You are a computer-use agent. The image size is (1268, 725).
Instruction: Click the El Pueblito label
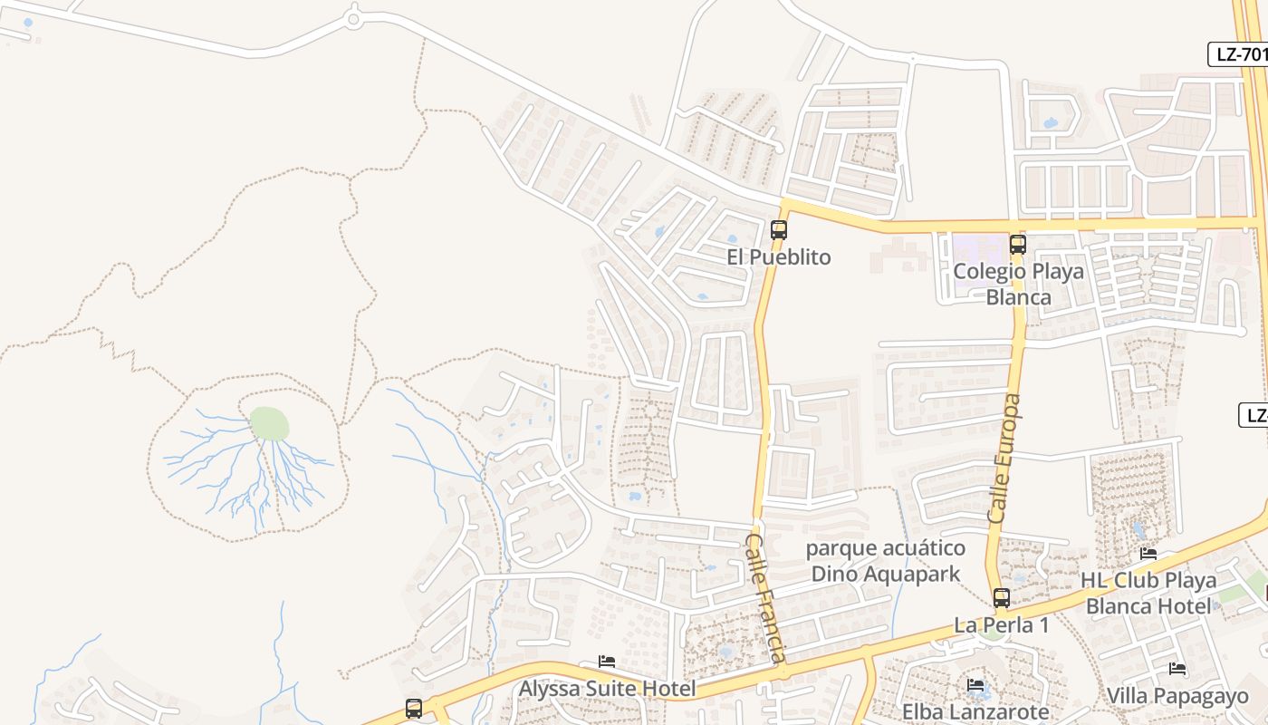coord(778,257)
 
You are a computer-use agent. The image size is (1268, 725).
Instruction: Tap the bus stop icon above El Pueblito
coord(779,230)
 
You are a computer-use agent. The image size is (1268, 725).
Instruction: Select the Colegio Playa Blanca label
coord(1018,285)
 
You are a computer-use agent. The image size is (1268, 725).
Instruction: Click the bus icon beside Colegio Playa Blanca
coord(1018,245)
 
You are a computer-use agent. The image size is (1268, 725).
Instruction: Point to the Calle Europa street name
coord(1004,459)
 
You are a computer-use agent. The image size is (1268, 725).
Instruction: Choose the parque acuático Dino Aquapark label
coord(885,561)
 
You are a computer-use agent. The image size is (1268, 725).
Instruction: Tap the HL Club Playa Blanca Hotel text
coord(1148,593)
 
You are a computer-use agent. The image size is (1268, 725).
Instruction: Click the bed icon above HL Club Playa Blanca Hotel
coord(1148,554)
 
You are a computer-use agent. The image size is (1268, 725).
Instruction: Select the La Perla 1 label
coord(1001,625)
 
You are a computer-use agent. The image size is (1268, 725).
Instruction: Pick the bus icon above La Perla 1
coord(1001,598)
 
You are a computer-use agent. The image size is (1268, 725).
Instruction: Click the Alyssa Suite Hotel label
coord(607,689)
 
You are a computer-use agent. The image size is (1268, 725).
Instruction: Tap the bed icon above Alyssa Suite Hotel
coord(607,662)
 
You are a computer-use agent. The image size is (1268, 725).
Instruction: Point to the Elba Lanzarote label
coord(975,711)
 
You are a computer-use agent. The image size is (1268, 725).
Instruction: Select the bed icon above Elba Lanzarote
coord(975,685)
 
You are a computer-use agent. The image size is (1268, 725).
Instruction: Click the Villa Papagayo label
coord(1177,696)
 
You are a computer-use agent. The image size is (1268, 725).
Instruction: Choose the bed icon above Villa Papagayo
coord(1177,670)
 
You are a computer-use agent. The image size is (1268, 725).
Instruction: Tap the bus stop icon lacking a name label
coord(414,709)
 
